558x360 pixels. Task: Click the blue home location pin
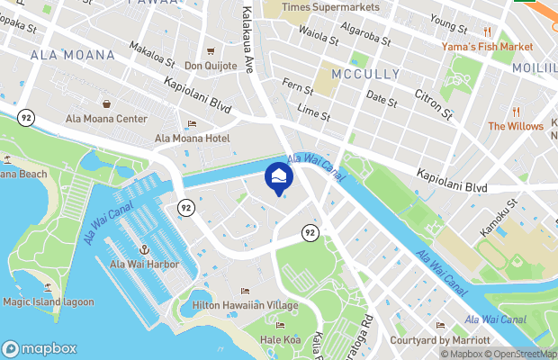[x=278, y=176]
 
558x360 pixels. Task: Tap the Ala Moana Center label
[x=106, y=118]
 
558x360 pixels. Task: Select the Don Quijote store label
[x=211, y=66]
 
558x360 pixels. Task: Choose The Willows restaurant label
[x=516, y=126]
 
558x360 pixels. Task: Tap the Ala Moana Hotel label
[x=192, y=138]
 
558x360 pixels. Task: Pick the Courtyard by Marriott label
[x=440, y=340]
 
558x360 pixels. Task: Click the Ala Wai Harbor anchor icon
[x=143, y=247]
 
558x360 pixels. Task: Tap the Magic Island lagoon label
[x=48, y=301]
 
